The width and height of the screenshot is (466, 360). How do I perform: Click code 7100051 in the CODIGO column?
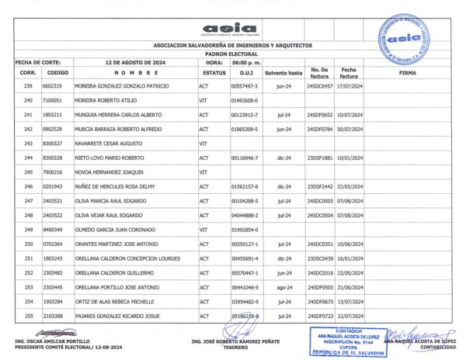point(53,100)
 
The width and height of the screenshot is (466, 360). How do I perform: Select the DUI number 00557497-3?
point(244,85)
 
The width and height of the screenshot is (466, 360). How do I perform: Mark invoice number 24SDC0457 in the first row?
point(320,85)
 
